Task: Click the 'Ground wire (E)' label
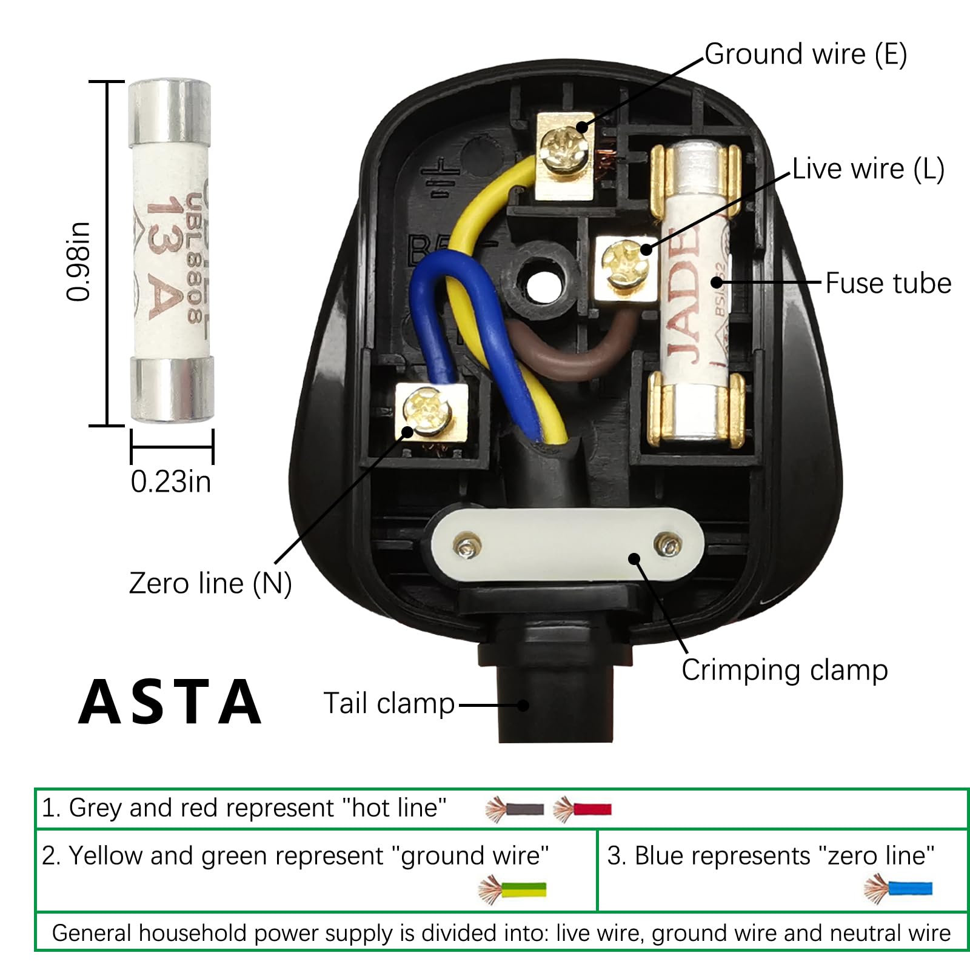coord(805,55)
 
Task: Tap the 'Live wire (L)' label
coord(868,169)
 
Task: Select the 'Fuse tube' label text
coord(888,284)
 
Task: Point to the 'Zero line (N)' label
coord(210,583)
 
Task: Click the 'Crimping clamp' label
coord(784,671)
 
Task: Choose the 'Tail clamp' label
coord(389,704)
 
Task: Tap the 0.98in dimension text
coord(79,261)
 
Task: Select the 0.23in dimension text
coord(171,482)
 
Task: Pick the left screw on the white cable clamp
coord(467,547)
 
